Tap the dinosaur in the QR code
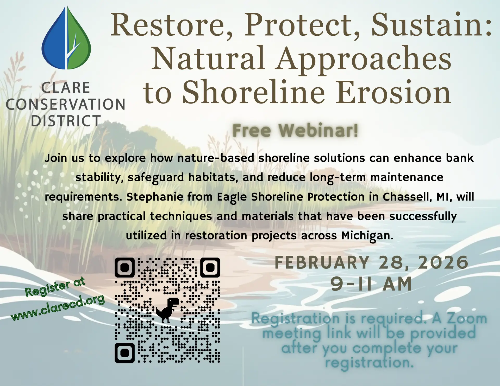tap(167, 310)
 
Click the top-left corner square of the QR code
tap(125, 267)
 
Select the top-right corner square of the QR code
tap(210, 267)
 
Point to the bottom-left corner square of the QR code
tap(125, 353)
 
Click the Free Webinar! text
tap(295, 130)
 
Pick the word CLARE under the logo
tap(66, 88)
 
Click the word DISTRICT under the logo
tap(66, 121)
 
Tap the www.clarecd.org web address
tap(58, 307)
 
